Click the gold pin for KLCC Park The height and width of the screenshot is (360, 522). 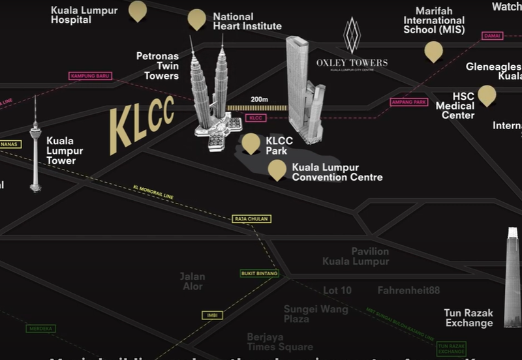click(251, 143)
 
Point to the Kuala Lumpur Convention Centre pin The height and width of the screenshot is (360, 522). click(277, 169)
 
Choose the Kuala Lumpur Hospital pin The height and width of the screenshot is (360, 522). click(138, 10)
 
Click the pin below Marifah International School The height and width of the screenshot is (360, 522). click(433, 50)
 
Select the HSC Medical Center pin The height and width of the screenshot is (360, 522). click(486, 95)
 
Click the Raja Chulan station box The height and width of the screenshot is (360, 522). click(251, 219)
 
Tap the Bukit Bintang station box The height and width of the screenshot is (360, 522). click(259, 273)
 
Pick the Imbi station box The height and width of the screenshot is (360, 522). click(211, 316)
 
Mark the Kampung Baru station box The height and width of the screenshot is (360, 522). click(90, 76)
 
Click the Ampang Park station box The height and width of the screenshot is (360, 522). click(408, 102)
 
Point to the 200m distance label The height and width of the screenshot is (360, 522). click(259, 99)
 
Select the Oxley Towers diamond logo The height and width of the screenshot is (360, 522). click(352, 35)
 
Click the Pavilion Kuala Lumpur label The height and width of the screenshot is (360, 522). click(356, 256)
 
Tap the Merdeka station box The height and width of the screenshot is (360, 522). click(40, 329)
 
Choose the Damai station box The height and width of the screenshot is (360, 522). click(493, 36)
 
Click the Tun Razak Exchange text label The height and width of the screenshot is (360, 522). click(468, 318)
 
